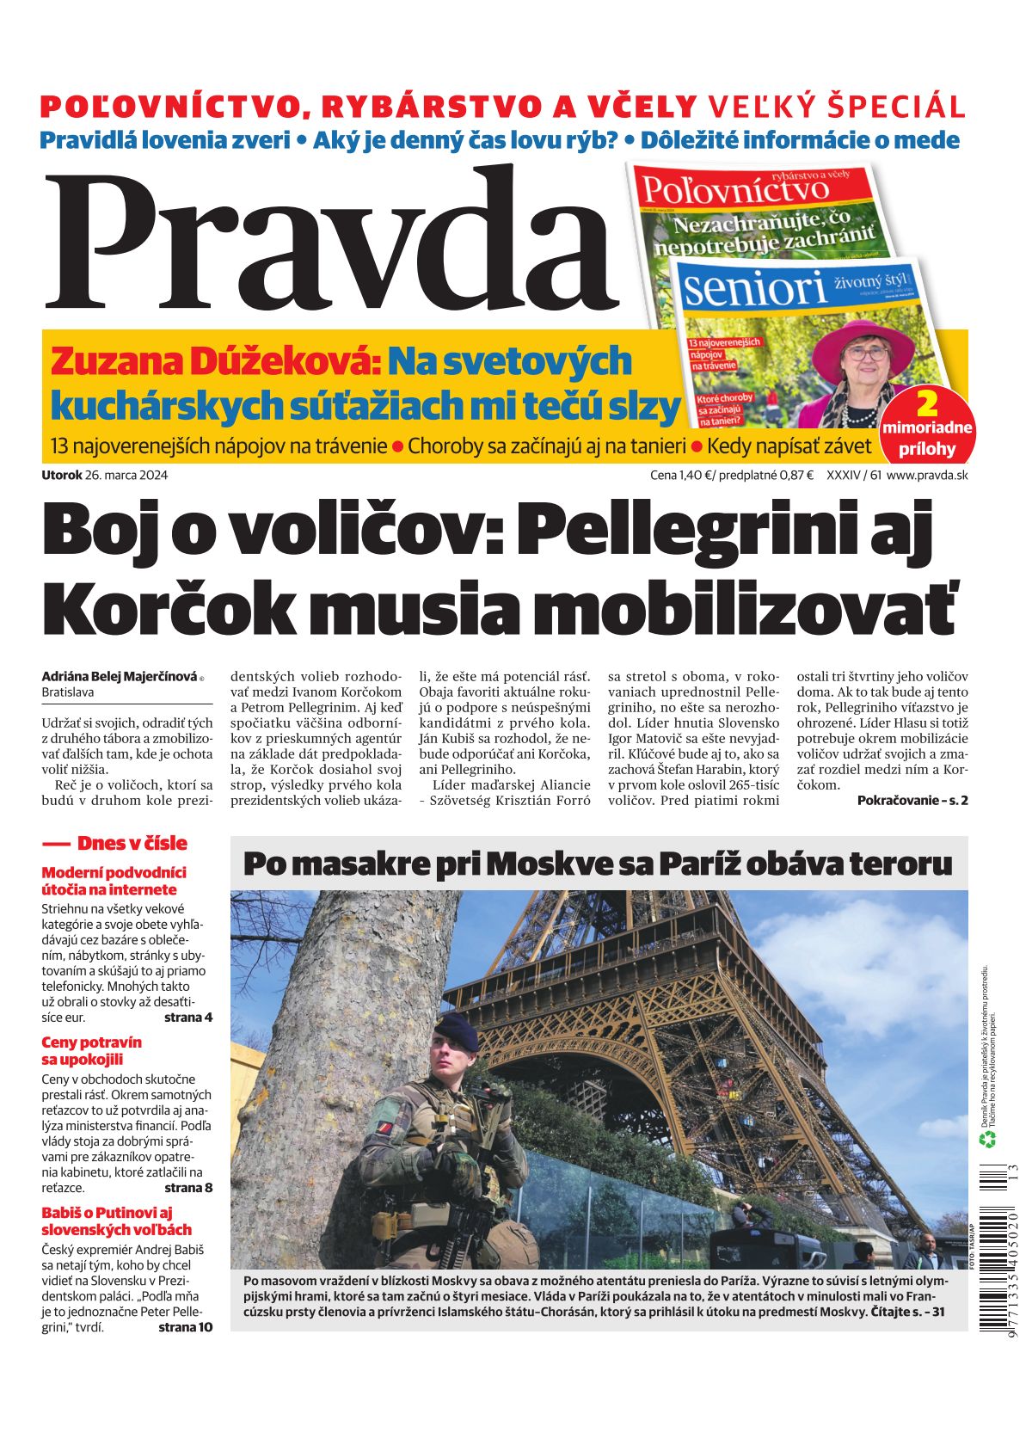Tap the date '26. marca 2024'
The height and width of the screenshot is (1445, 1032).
coord(126,475)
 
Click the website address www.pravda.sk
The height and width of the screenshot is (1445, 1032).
coord(927,475)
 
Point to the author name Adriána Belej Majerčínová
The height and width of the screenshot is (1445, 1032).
coord(120,677)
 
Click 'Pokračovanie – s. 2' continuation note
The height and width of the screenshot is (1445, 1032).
coord(912,800)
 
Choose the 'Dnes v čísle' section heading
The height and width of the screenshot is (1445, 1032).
coord(132,843)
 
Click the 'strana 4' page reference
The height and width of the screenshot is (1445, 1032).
coord(188,1018)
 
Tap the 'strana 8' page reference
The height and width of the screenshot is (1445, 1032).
coord(188,1188)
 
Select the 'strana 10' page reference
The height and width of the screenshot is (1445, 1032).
coord(185,1327)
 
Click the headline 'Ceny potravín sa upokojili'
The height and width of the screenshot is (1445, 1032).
coord(92,1050)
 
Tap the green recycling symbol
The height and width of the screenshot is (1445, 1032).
coord(988,1140)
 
